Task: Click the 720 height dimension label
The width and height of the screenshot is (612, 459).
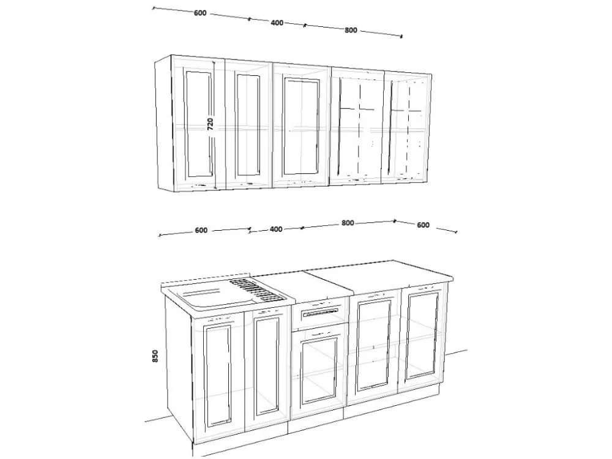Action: click(x=211, y=124)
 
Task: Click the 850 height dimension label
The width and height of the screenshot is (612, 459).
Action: click(x=155, y=356)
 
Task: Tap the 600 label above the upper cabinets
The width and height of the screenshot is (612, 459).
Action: click(x=200, y=13)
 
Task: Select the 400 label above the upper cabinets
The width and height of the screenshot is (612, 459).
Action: click(x=277, y=23)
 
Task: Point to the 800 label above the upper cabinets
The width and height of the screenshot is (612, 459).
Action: click(x=351, y=30)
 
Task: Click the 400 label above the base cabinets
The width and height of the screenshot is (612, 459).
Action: click(x=276, y=229)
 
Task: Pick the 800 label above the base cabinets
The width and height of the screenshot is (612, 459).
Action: click(x=348, y=223)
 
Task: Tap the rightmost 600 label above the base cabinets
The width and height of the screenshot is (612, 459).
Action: click(x=423, y=225)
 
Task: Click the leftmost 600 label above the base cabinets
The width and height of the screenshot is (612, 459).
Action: click(x=201, y=230)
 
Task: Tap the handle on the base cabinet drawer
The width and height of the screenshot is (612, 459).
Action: click(x=320, y=312)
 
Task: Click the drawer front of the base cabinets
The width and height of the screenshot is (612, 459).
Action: click(x=320, y=311)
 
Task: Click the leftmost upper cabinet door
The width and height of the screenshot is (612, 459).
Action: click(x=198, y=122)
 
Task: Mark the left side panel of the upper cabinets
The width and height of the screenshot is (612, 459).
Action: click(x=163, y=123)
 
